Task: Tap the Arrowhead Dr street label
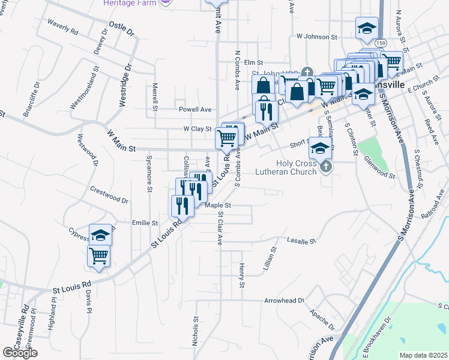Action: click(x=284, y=300)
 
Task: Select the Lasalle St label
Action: click(x=301, y=241)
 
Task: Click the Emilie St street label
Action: click(x=145, y=223)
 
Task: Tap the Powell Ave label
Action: click(x=195, y=109)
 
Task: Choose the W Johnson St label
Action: click(x=316, y=37)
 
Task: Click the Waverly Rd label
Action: click(x=63, y=27)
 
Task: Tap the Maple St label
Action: click(x=218, y=205)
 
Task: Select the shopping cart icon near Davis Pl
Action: click(x=99, y=257)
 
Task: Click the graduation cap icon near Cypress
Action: click(x=101, y=235)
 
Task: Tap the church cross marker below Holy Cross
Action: click(x=326, y=166)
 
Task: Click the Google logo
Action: click(x=20, y=353)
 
